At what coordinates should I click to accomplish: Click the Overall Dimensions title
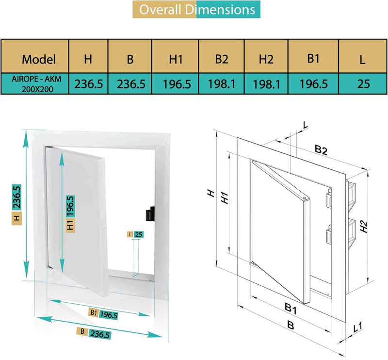tap(196, 10)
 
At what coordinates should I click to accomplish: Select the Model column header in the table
tap(39, 59)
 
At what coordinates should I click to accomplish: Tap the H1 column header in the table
tap(176, 59)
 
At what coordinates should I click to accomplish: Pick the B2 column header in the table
tap(222, 59)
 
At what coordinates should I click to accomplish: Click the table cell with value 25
tap(363, 83)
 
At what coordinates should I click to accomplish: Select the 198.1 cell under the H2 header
tap(266, 83)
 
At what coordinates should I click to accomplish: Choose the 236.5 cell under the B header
tap(131, 83)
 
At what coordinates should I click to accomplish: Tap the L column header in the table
tap(363, 59)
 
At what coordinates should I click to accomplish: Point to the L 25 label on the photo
tap(135, 235)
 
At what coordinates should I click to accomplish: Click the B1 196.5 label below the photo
tap(104, 314)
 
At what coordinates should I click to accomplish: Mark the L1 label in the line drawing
tap(358, 328)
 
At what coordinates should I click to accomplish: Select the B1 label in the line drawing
tap(291, 308)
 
